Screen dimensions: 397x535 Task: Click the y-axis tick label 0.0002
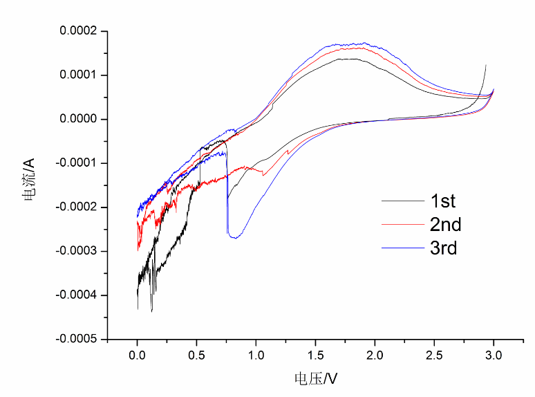79,31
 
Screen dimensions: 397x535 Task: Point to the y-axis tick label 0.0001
79,75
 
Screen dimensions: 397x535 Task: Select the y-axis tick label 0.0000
79,119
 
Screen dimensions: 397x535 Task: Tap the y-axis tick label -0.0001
78,163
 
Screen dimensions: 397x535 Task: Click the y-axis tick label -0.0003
78,251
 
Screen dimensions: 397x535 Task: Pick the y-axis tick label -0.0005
78,340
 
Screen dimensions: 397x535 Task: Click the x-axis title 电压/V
316,378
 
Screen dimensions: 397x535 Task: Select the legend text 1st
442,201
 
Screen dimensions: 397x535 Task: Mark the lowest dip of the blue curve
235,237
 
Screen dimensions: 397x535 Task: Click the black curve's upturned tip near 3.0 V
486,65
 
